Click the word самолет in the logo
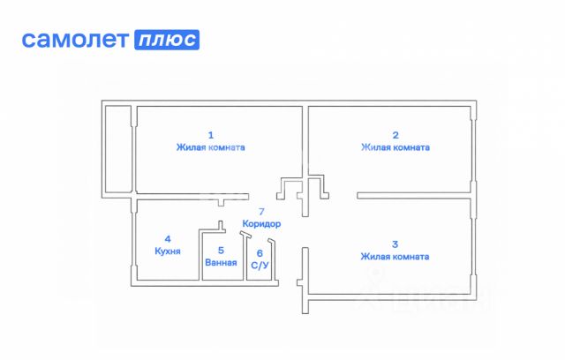(x=74, y=40)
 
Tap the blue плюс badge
(x=166, y=40)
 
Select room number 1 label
(x=210, y=135)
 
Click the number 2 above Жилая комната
(x=395, y=135)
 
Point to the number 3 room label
(x=395, y=244)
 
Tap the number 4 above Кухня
(x=168, y=238)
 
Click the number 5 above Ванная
(x=221, y=250)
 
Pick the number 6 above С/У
(x=260, y=252)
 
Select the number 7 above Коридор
(x=260, y=212)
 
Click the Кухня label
(x=168, y=251)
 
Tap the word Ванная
(x=221, y=263)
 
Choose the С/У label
(x=260, y=265)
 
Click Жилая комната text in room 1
(x=210, y=148)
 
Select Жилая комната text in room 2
(x=395, y=148)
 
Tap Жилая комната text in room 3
(x=395, y=257)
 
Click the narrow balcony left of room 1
(x=117, y=150)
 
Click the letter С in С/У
(x=254, y=265)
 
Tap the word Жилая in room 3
(x=374, y=257)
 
